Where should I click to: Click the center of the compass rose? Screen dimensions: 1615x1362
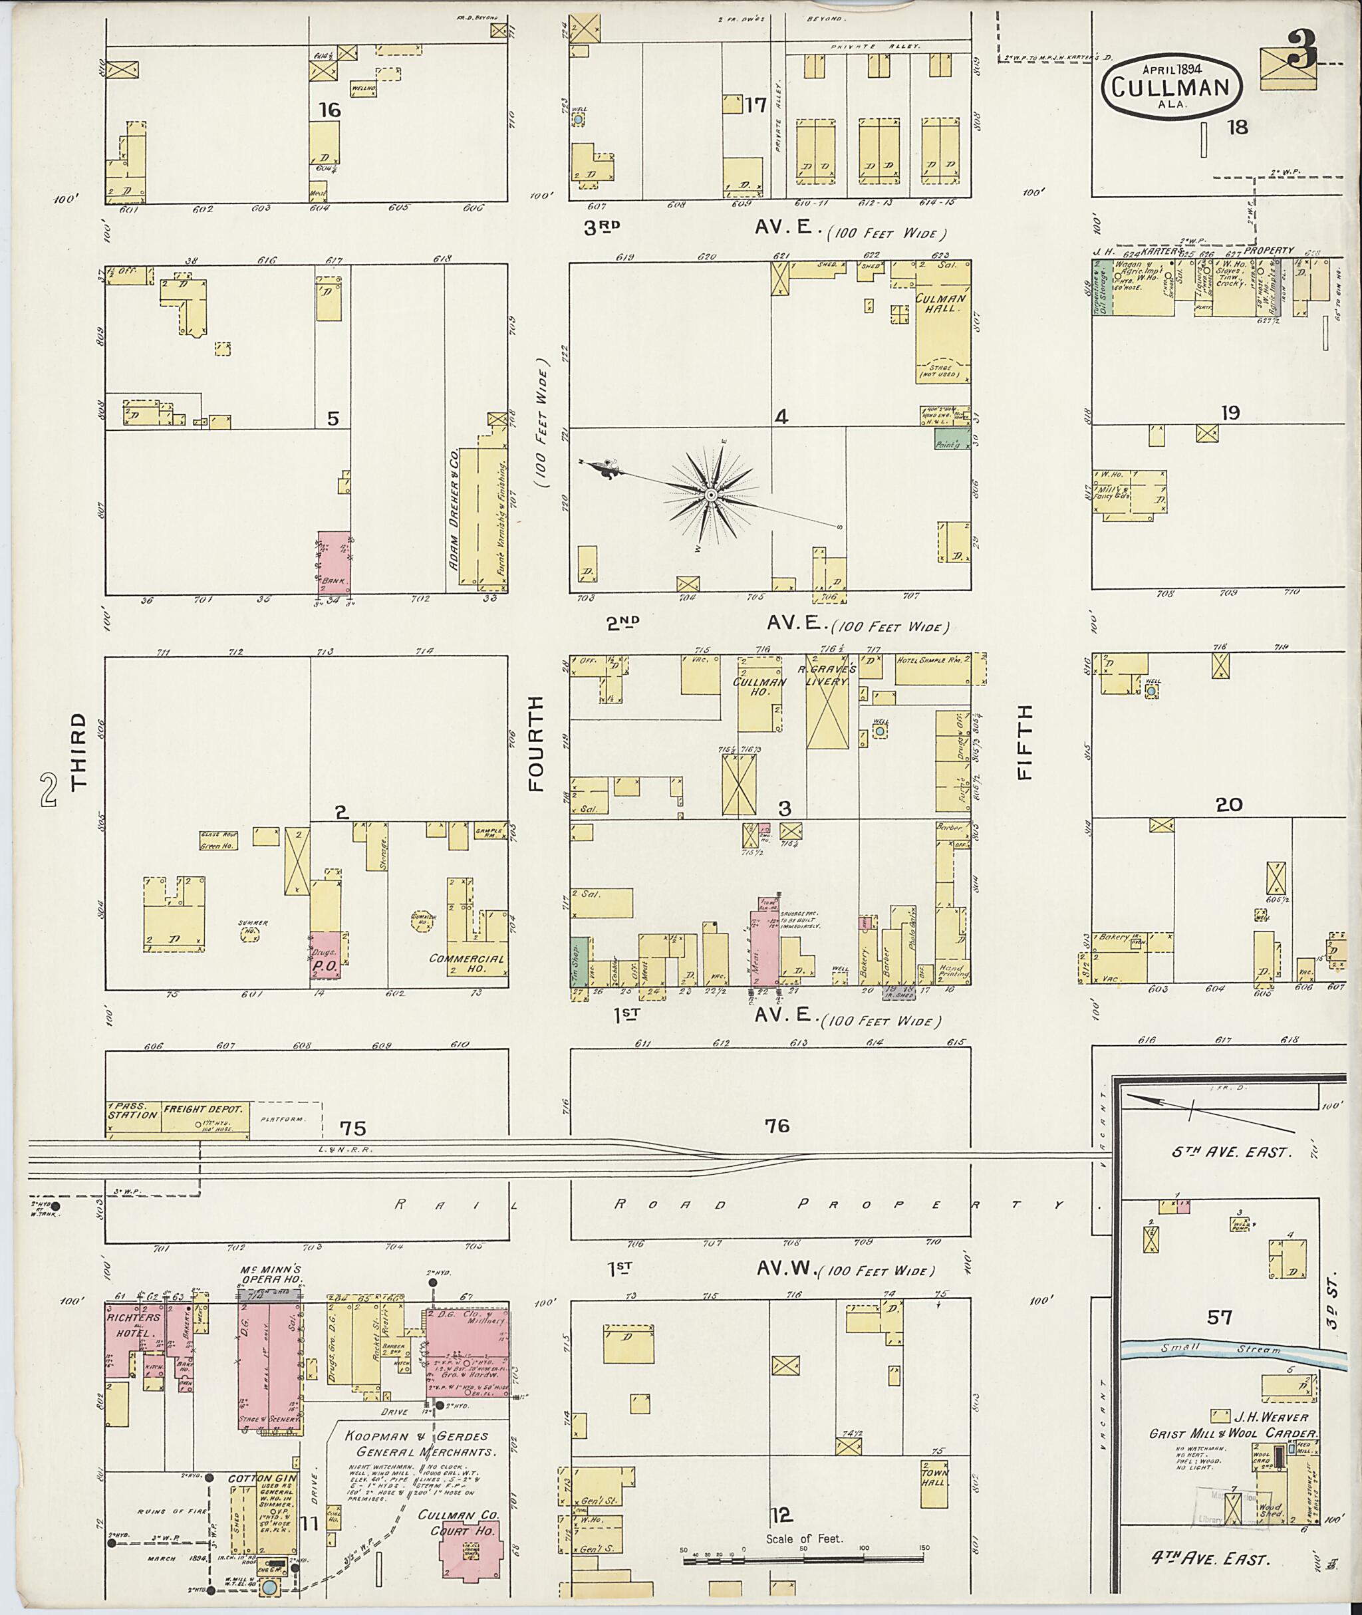[710, 493]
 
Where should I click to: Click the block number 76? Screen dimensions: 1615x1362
[777, 1126]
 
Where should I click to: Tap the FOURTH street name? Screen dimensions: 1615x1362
[537, 743]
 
